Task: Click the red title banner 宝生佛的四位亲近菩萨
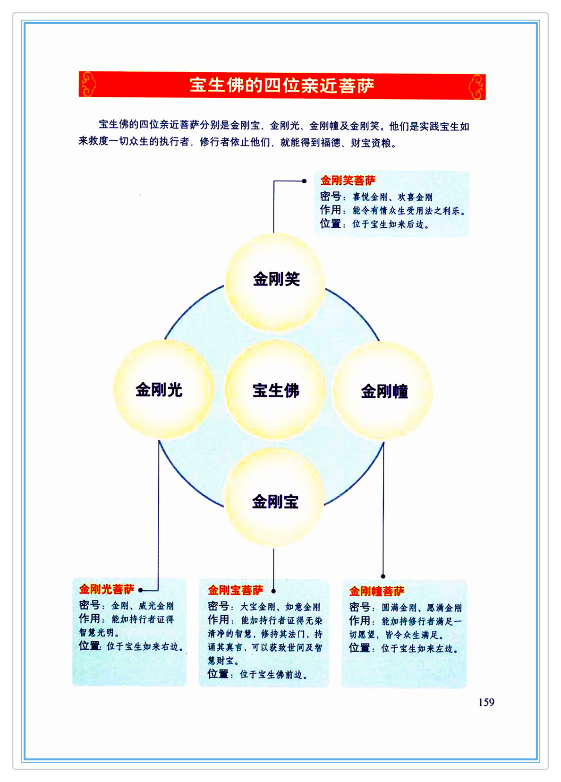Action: (282, 86)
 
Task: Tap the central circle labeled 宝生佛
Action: (276, 390)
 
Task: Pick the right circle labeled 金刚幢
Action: (383, 391)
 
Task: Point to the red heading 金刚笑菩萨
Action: (348, 180)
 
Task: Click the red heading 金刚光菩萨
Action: (106, 589)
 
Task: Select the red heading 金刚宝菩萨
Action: (235, 590)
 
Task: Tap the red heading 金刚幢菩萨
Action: (376, 591)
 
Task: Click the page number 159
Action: (486, 702)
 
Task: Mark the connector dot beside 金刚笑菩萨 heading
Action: (305, 181)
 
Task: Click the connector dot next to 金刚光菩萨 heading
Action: (141, 590)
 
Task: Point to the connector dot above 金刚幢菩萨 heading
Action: (383, 576)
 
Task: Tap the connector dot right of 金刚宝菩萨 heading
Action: (273, 591)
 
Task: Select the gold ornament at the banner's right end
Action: (476, 86)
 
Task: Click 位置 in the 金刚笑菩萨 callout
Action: (330, 223)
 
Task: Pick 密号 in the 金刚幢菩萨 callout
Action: (359, 607)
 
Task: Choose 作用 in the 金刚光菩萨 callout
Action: (89, 619)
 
